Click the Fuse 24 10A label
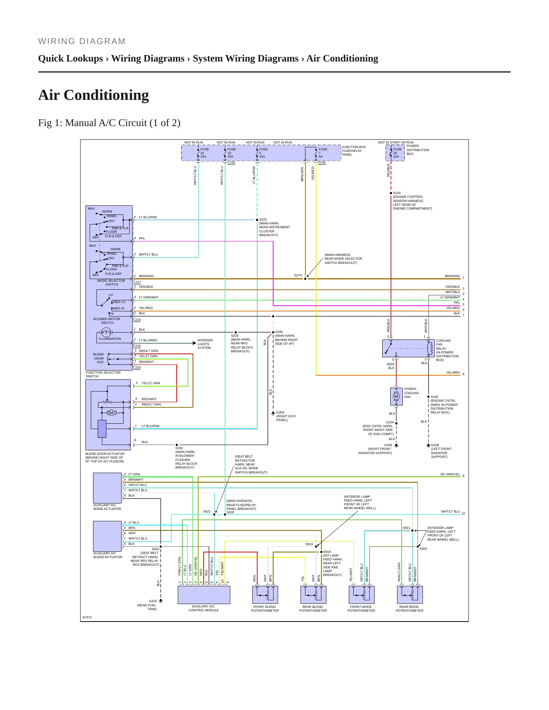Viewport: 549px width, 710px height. pos(204,153)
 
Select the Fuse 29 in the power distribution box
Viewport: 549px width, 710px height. pos(395,153)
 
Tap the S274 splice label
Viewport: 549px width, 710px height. pos(298,275)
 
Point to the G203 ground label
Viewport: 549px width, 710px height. pos(280,412)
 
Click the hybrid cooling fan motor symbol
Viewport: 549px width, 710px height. pos(396,396)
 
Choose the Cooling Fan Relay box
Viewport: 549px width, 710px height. pos(408,348)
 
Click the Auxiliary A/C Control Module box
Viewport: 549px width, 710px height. pos(204,595)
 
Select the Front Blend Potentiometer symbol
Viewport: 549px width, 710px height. pos(265,595)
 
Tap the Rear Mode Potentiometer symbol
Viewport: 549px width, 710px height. pos(410,595)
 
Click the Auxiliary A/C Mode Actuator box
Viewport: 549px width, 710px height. pos(108,488)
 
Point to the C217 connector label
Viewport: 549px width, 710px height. pos(137,282)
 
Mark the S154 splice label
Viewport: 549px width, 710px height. pos(397,193)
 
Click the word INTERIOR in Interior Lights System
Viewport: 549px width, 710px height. pos(205,340)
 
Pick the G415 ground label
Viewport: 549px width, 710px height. pos(153,601)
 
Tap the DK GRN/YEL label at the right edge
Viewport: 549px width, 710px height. pos(450,474)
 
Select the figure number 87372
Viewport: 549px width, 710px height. pos(87,617)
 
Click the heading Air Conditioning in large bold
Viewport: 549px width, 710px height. pos(93,95)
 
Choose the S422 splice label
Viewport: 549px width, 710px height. pos(207,511)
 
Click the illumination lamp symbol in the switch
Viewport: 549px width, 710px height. pos(106,333)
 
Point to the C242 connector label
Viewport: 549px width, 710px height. pos(322,163)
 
